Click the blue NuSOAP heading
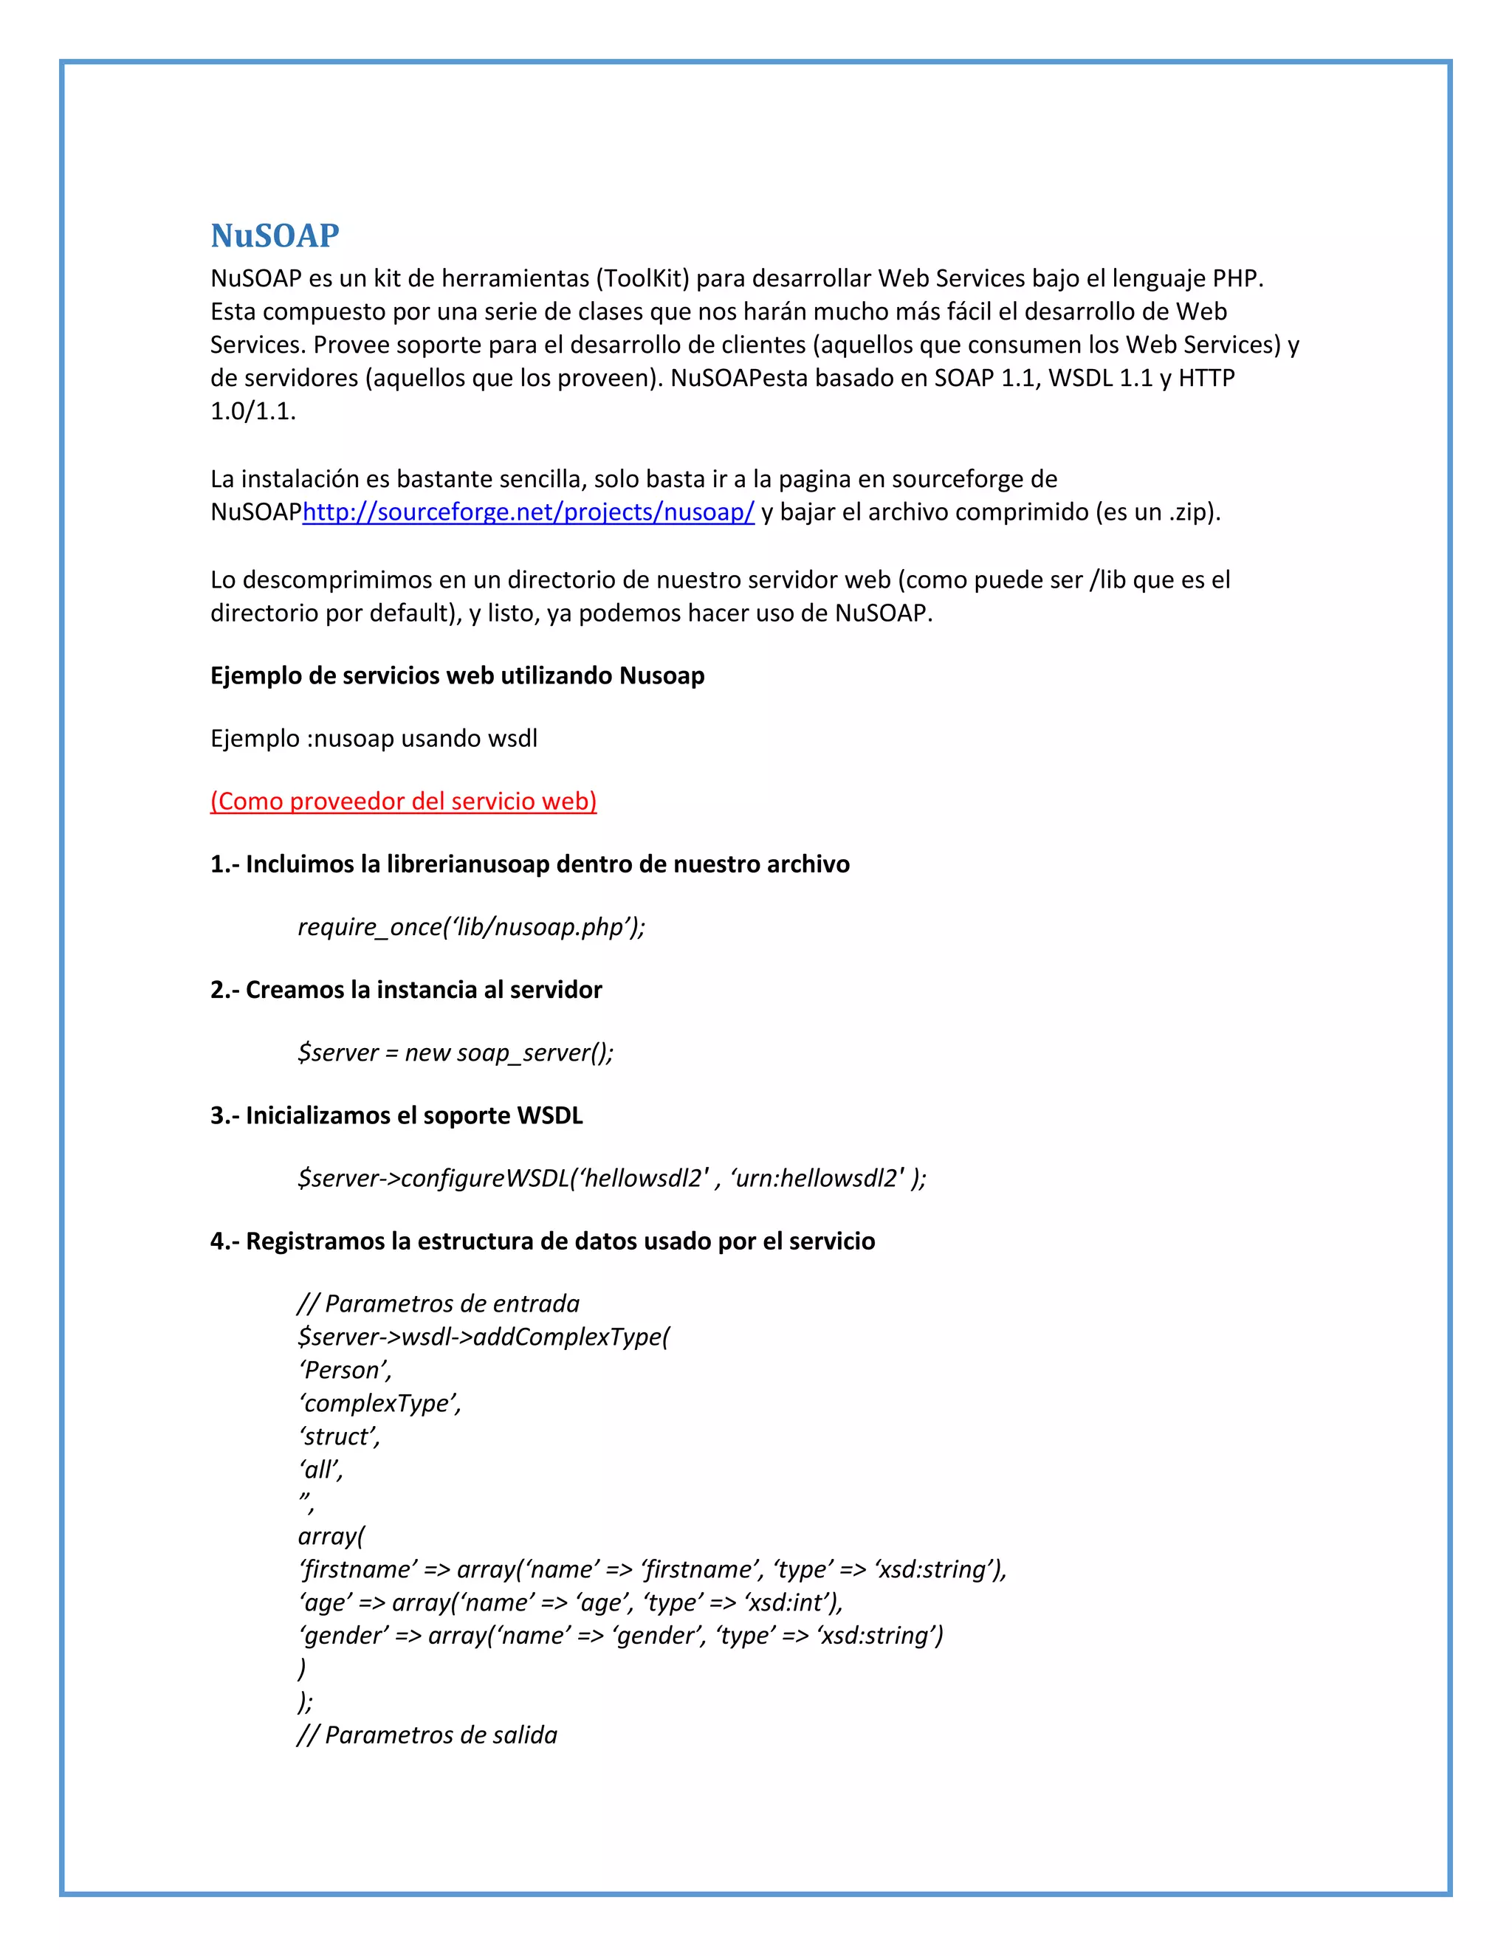(275, 235)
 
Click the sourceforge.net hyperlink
(529, 512)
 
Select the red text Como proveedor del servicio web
(403, 801)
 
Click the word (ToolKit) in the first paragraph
(642, 278)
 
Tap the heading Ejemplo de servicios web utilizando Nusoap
(457, 675)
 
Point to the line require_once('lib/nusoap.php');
(471, 927)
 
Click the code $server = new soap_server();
(455, 1053)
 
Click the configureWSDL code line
(612, 1178)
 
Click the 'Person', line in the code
(346, 1370)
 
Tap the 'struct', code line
(340, 1436)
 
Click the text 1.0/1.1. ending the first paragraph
(252, 412)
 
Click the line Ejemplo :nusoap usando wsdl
(374, 739)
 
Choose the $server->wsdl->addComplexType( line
(484, 1337)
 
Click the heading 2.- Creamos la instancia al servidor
(406, 990)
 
